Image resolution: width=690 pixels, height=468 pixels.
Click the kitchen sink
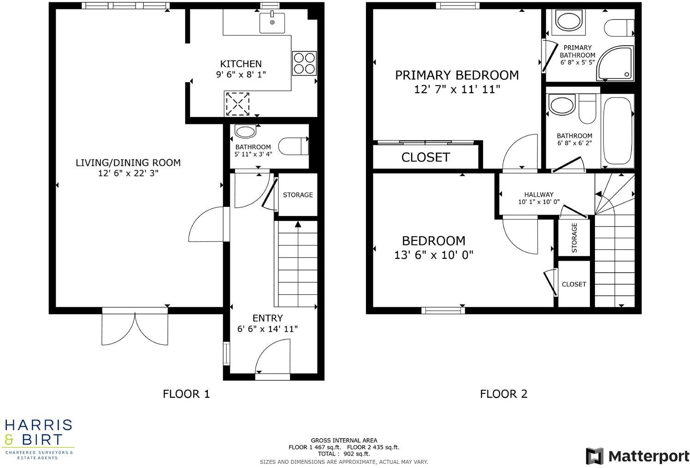272,23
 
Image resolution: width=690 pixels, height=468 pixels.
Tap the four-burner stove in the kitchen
304,63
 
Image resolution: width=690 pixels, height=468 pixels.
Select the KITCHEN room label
241,64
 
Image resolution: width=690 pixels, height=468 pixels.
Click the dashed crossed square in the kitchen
238,104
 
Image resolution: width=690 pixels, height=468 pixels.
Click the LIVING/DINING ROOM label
128,163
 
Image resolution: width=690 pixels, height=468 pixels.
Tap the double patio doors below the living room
135,328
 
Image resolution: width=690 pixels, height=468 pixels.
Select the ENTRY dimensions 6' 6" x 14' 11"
267,329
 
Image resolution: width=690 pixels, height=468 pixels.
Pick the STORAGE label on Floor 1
298,195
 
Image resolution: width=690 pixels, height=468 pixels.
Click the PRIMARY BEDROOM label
457,75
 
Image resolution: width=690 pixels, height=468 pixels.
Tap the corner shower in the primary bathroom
616,63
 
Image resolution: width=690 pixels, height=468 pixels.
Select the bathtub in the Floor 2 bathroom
617,131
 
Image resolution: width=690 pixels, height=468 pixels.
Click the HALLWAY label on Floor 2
538,194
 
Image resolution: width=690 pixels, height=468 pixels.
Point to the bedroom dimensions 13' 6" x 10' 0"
434,255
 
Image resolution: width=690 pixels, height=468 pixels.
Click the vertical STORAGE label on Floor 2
574,238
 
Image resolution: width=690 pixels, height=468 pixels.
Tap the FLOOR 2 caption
503,394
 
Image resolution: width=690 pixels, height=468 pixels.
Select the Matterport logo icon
594,456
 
